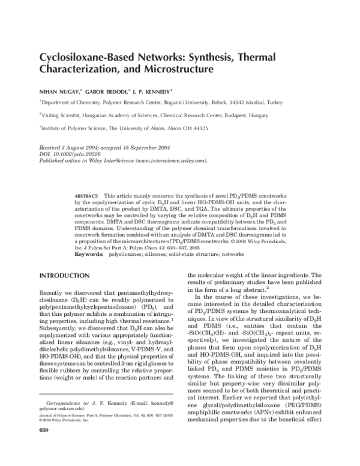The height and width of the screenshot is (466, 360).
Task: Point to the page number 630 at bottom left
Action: pyautogui.click(x=43, y=447)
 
